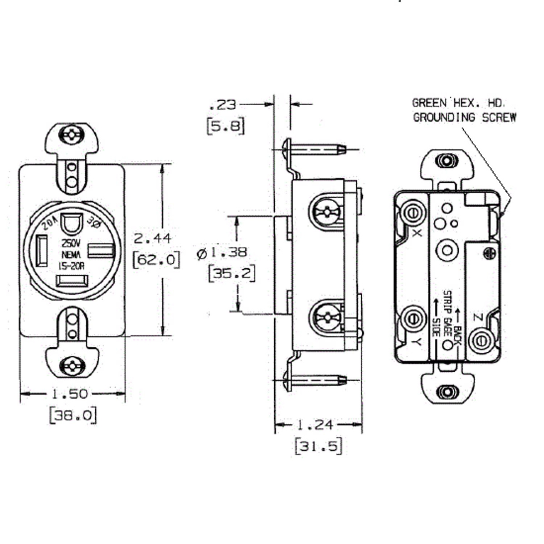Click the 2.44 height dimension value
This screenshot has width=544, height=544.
coord(152,238)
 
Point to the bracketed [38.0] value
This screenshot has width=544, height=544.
coord(73,415)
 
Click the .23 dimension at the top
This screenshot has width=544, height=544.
coord(223,105)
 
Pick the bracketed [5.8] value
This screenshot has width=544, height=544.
coord(225,126)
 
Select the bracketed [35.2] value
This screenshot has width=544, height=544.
coord(231,273)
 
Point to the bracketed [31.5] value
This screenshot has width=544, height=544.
coord(318,446)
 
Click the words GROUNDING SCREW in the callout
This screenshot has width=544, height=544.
coord(465,117)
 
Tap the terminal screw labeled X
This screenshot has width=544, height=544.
coord(413,212)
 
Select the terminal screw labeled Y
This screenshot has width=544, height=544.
coord(413,318)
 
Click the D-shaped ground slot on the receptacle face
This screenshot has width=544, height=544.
coord(70,224)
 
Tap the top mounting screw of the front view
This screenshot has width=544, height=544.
coord(71,135)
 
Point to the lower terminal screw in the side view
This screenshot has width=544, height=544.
coord(326,316)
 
